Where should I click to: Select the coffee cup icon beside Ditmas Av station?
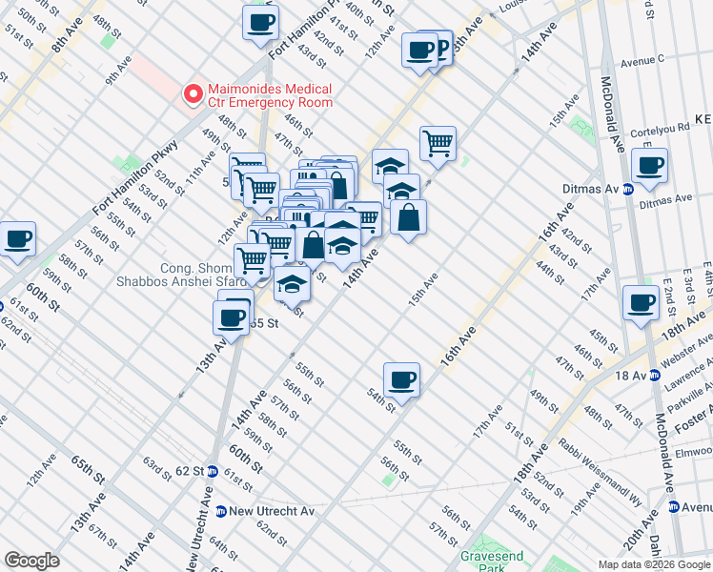click(x=649, y=166)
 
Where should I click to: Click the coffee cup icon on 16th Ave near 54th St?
click(x=402, y=379)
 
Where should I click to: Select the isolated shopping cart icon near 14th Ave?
click(x=438, y=143)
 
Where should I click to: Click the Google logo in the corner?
click(x=31, y=561)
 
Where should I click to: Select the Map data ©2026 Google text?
click(x=653, y=564)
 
